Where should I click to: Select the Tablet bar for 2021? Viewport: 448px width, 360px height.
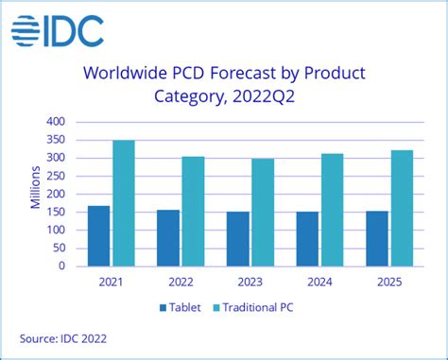pos(98,235)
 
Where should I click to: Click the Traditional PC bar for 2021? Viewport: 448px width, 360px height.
pos(124,202)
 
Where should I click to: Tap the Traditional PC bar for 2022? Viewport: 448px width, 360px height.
pos(193,211)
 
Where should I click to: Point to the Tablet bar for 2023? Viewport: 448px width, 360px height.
pos(237,238)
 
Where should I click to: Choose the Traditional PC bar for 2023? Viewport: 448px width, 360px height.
pos(263,212)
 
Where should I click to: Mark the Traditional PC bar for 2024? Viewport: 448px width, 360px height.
pos(332,209)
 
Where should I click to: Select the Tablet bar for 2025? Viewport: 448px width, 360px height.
pos(377,238)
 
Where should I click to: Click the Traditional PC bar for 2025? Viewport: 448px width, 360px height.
pos(403,207)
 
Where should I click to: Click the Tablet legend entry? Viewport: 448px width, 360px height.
pos(193,308)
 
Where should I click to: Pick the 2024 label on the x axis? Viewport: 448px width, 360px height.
pos(320,281)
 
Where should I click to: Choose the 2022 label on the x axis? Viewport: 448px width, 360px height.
pos(181,281)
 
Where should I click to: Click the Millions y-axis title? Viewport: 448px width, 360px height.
pos(35,193)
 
